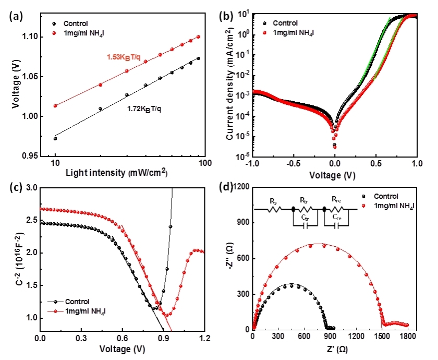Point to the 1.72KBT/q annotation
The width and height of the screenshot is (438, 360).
tap(149, 110)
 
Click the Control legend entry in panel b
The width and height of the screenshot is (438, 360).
tap(285, 23)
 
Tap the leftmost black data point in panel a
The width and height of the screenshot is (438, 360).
tap(55, 138)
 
